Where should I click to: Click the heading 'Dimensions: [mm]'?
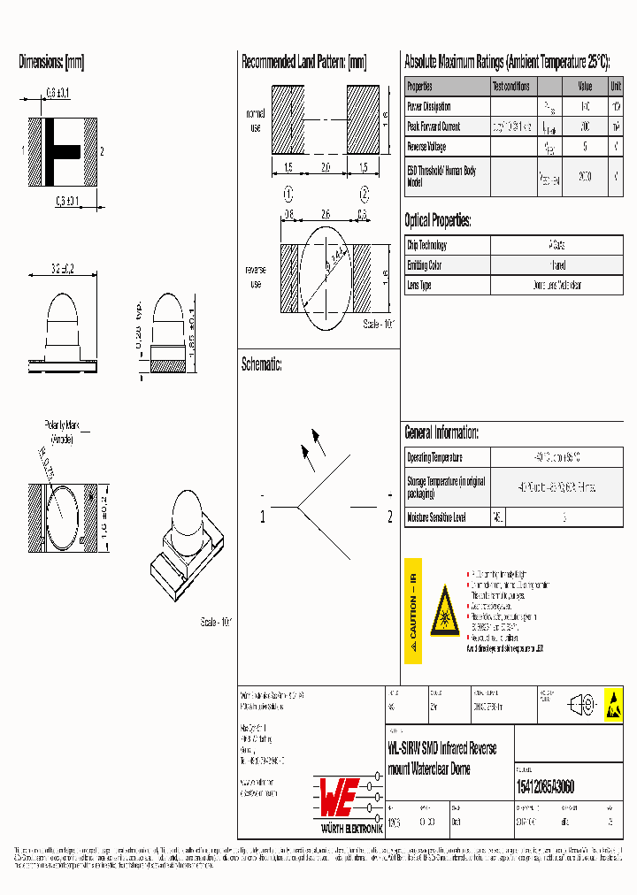[51, 62]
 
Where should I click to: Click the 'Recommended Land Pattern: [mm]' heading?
[303, 62]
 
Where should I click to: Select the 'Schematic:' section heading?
[261, 363]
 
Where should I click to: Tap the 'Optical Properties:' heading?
[438, 220]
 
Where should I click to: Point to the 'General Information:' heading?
[441, 432]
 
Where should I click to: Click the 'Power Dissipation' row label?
[429, 106]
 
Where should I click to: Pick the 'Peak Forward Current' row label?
[434, 126]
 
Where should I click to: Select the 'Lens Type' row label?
[419, 285]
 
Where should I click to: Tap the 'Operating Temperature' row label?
[435, 458]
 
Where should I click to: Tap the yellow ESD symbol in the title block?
[612, 704]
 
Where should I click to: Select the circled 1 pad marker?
[288, 194]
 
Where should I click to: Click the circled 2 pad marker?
[364, 194]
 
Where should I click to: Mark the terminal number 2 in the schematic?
[390, 518]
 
